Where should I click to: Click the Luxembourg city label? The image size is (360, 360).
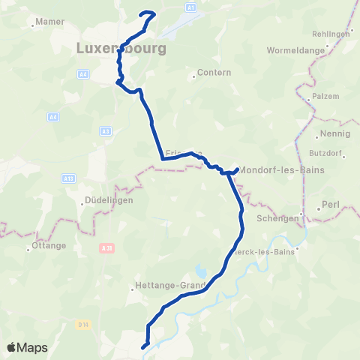[x=120, y=49]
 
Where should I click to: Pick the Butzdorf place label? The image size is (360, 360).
[x=325, y=152]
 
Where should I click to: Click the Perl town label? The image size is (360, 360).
[x=330, y=204]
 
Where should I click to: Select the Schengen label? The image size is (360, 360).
[x=278, y=218]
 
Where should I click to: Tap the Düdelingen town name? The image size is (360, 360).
[x=108, y=201]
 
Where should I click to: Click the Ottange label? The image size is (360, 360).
[x=49, y=245]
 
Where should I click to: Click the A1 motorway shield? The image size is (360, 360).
[x=190, y=7]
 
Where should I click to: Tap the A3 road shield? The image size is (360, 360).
[x=105, y=131]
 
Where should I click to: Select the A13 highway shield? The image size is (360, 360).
[x=69, y=178]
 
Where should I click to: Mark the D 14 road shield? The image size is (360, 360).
[x=83, y=324]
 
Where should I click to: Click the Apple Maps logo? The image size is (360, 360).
[x=28, y=347]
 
